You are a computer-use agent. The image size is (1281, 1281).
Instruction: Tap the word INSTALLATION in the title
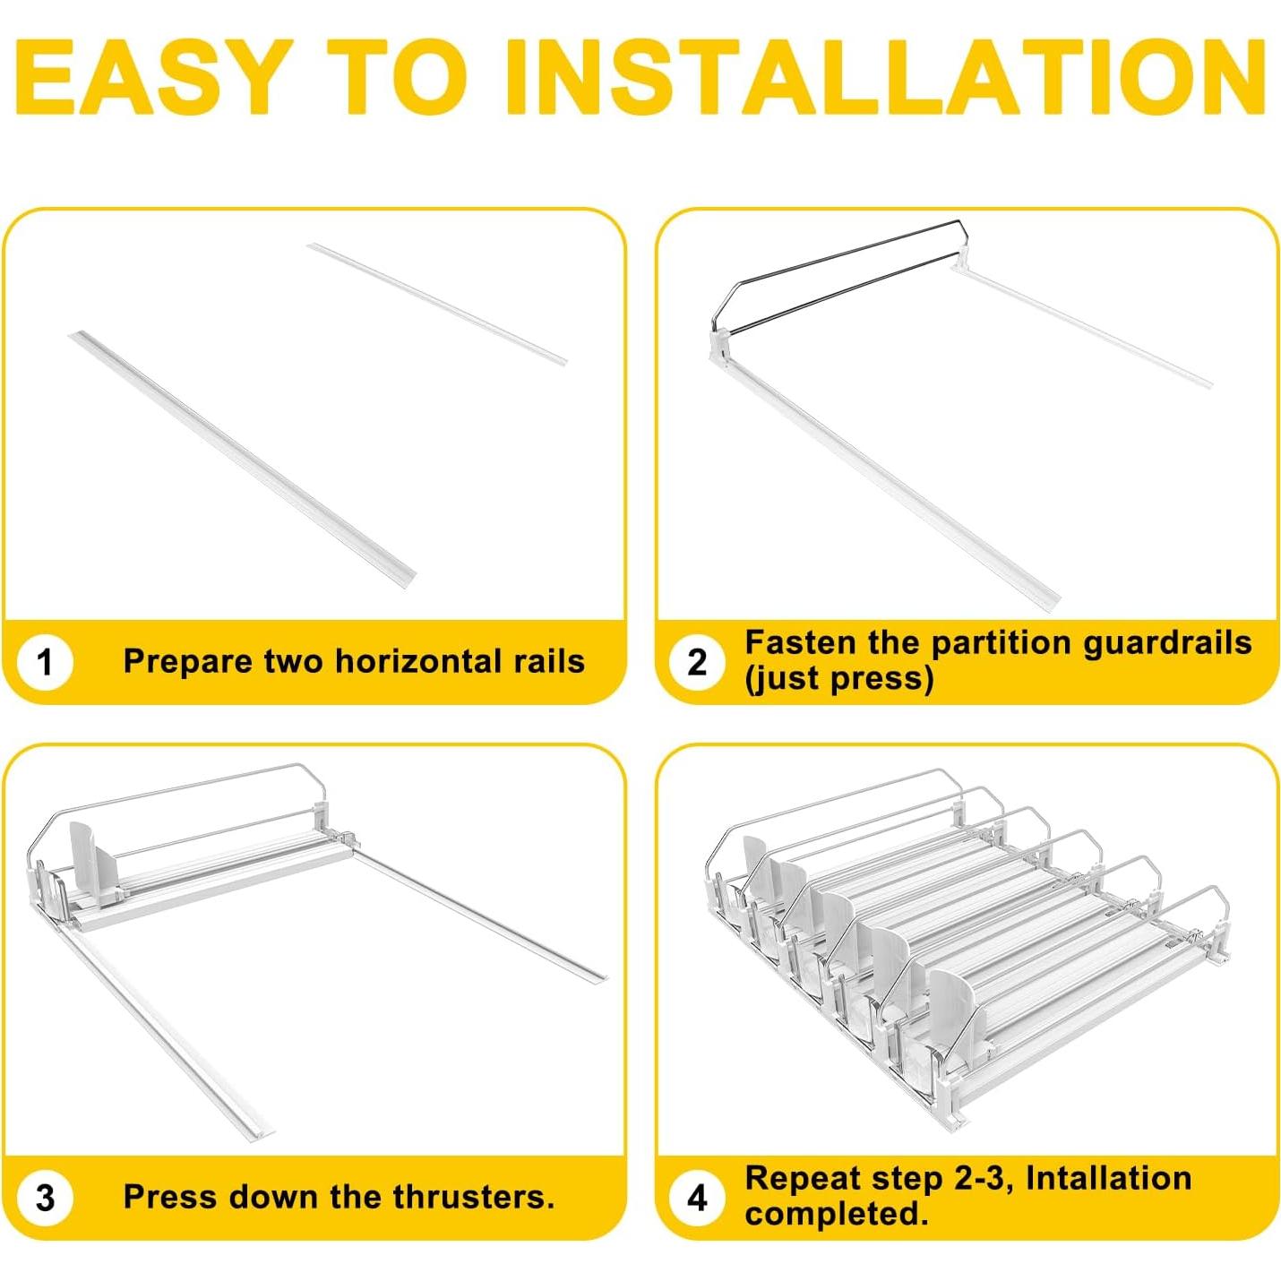point(886,78)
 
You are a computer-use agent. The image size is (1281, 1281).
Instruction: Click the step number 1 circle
point(45,662)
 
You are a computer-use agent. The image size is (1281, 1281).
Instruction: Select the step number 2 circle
point(696,662)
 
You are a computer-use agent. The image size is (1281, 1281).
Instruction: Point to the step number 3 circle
point(45,1197)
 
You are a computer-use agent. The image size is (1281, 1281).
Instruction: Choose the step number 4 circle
point(696,1197)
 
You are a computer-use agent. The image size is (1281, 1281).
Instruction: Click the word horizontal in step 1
point(417,661)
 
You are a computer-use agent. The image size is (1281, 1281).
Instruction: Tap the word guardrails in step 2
point(1167,643)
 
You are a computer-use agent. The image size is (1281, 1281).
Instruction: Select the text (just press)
point(839,679)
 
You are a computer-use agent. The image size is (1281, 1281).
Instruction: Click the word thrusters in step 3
point(473,1197)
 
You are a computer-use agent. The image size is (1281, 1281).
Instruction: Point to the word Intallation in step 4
point(1108,1178)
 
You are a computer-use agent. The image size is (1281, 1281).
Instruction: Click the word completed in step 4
point(836,1214)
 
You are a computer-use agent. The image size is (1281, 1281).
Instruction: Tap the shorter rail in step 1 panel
point(437,303)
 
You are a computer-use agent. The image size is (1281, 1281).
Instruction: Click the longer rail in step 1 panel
point(243,457)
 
